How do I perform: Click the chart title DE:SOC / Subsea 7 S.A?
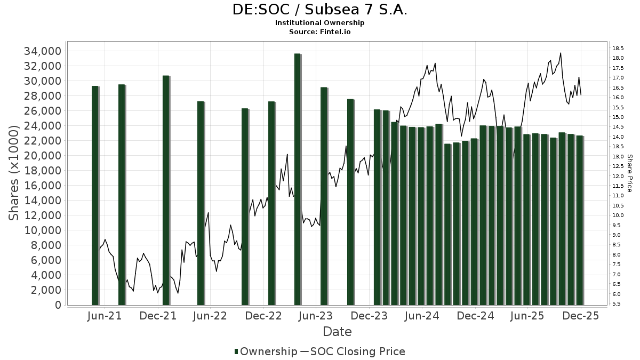(x=320, y=10)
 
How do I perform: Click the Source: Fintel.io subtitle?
(x=320, y=31)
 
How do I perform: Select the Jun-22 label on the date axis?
(x=209, y=316)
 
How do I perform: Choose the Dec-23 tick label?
(x=368, y=316)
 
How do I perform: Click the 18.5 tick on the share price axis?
(x=618, y=49)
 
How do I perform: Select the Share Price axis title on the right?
(x=629, y=173)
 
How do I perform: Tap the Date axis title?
(x=337, y=332)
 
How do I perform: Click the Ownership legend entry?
(x=266, y=351)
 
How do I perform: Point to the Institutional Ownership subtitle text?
(x=320, y=23)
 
